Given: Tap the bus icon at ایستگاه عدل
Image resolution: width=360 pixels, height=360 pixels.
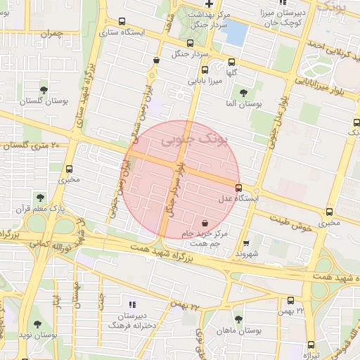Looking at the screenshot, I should [239, 188].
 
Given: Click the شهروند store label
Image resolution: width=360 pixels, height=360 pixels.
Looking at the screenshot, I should [247, 253].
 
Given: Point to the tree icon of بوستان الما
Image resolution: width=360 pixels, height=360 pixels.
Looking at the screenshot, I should [243, 93].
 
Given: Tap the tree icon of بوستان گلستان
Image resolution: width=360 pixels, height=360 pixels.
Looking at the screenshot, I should [44, 91].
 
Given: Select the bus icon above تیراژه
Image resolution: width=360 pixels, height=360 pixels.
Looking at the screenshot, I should [311, 344].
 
